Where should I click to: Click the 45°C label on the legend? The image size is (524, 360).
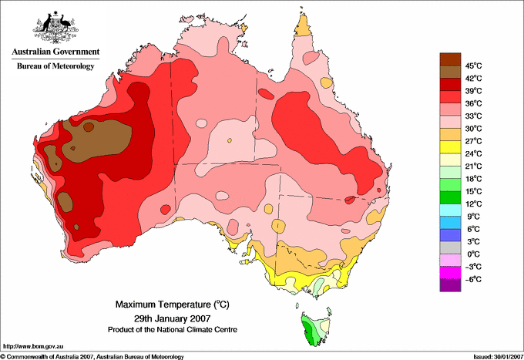474,66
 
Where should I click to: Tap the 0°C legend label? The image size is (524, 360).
474,254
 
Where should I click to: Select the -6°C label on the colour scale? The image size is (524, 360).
473,279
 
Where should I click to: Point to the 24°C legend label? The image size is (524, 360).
474,153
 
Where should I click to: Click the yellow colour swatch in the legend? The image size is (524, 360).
450,147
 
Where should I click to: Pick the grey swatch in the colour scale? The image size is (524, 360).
450,247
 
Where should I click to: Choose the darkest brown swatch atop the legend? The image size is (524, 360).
450,59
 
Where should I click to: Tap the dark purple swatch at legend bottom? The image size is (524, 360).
450,285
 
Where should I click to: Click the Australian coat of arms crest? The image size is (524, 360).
55,28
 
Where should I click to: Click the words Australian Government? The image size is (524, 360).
55,52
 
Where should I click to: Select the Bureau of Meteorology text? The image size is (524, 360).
55,66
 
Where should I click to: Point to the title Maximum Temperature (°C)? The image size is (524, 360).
173,304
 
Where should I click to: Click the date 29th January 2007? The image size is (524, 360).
173,318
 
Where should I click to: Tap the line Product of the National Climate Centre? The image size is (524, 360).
173,330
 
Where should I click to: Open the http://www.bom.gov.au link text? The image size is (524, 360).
33,347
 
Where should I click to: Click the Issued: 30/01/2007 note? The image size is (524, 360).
498,357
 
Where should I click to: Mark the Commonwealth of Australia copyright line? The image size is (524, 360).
92,357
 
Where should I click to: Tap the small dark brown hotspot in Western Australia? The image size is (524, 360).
89,127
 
